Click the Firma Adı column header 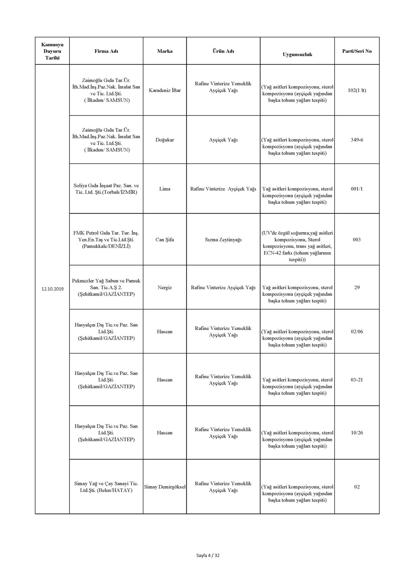click(x=106, y=51)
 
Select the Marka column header click(x=165, y=51)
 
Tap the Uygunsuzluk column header click(x=297, y=54)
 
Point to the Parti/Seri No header click(x=357, y=51)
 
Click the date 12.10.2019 click(x=52, y=289)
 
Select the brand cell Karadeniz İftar click(x=165, y=90)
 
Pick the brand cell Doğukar click(x=165, y=140)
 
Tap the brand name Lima click(x=165, y=189)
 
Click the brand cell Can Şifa click(x=165, y=240)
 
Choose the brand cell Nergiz click(x=165, y=287)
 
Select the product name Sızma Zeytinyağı click(x=223, y=240)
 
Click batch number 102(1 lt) click(x=357, y=90)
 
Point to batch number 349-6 click(x=357, y=140)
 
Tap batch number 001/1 click(x=357, y=189)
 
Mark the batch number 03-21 click(x=357, y=380)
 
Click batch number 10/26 click(x=357, y=433)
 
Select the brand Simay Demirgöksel click(x=165, y=487)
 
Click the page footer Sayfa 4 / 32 click(x=208, y=555)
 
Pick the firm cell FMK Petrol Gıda click(x=106, y=239)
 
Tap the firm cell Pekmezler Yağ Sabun click(x=106, y=287)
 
